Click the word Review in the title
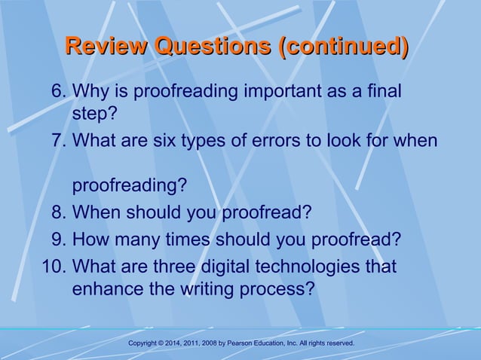[x=106, y=47]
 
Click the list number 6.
[x=57, y=92]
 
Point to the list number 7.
[x=57, y=140]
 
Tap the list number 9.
[x=57, y=239]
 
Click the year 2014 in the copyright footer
[x=168, y=343]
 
